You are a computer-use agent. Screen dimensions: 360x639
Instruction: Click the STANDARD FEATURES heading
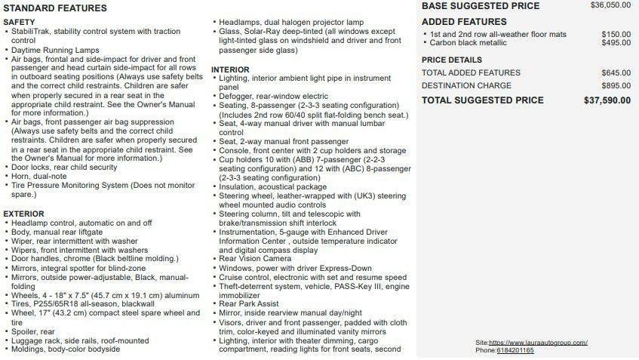(x=55, y=8)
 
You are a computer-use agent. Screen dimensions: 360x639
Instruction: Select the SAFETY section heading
(x=19, y=23)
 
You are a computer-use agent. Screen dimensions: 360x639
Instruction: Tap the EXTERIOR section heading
(x=23, y=214)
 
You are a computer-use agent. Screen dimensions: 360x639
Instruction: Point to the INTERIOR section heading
(x=229, y=70)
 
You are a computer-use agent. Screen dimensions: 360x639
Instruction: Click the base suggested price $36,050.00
(x=610, y=5)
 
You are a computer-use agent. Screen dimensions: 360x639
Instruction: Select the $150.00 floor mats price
(x=616, y=34)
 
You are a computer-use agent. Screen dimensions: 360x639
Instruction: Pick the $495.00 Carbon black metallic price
(x=616, y=43)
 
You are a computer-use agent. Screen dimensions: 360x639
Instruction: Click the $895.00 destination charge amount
(x=616, y=86)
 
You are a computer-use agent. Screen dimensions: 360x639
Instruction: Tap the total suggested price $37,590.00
(x=607, y=100)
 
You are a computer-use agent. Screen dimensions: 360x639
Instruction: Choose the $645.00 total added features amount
(x=616, y=72)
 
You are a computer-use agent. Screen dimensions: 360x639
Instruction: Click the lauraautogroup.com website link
(x=538, y=343)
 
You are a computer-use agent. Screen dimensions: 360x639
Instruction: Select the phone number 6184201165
(x=515, y=350)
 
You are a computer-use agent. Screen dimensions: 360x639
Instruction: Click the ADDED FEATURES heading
(x=464, y=22)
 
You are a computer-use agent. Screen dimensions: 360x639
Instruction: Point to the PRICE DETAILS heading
(x=451, y=60)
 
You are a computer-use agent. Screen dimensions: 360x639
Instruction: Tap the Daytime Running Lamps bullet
(x=55, y=51)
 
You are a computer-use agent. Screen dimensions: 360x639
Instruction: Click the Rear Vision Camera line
(x=254, y=259)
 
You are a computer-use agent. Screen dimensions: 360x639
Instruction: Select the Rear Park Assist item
(x=248, y=304)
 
